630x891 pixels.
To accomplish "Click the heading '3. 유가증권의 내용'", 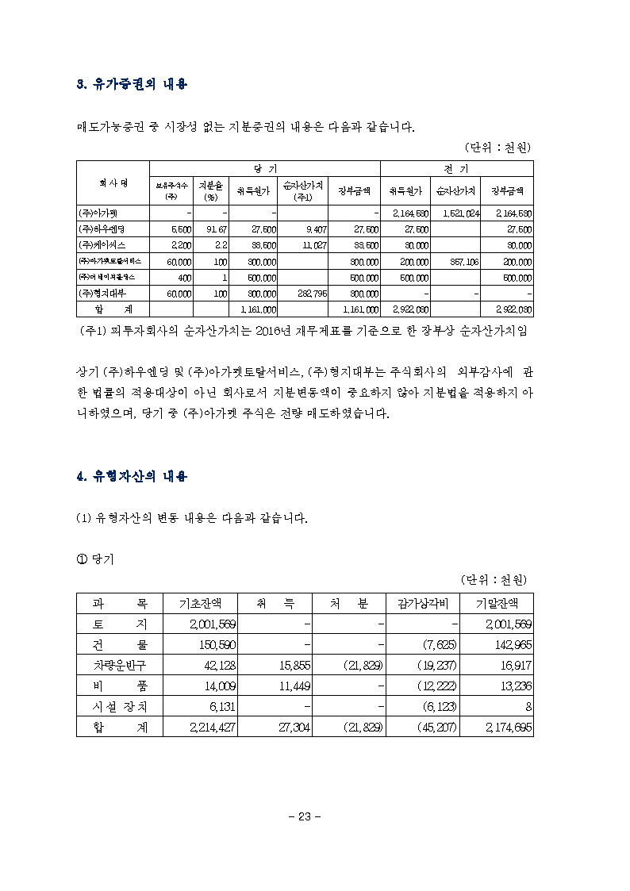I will [132, 84].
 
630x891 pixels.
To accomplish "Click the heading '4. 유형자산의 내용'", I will [132, 476].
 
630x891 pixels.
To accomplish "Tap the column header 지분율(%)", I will [210, 191].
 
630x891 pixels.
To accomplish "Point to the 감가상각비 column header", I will [422, 603].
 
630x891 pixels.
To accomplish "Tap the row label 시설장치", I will [119, 706].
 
